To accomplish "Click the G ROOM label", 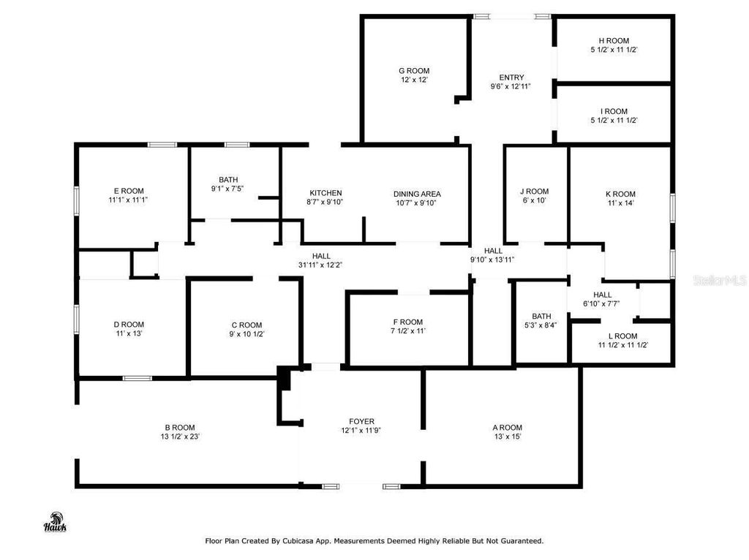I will (x=414, y=71).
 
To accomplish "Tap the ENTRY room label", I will (x=511, y=77).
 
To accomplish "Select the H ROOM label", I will (x=614, y=41).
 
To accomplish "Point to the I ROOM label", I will (x=614, y=112).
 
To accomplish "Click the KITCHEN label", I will (x=325, y=194).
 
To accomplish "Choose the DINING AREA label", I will (x=417, y=194).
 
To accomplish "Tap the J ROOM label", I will (x=534, y=192).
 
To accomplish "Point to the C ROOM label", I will (x=246, y=325).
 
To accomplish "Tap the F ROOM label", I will (x=407, y=322).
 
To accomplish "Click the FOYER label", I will (x=361, y=421).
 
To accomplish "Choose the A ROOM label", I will (x=507, y=428).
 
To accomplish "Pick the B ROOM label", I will (x=179, y=428).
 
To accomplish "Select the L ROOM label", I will (x=623, y=336).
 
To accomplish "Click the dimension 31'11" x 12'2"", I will (x=321, y=265).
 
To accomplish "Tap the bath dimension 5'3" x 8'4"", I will (x=541, y=326).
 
